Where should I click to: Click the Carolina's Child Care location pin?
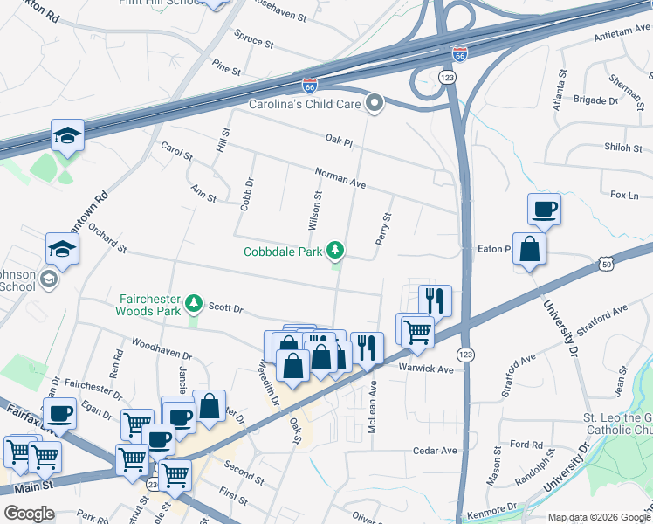375,105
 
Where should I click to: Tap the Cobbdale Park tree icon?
334,252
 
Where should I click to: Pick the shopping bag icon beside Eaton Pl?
529,249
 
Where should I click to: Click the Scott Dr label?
225,308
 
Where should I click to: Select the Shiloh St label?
622,148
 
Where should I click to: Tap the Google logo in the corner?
30,513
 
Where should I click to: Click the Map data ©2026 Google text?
599,516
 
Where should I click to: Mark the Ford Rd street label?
526,444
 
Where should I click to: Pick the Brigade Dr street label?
595,100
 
